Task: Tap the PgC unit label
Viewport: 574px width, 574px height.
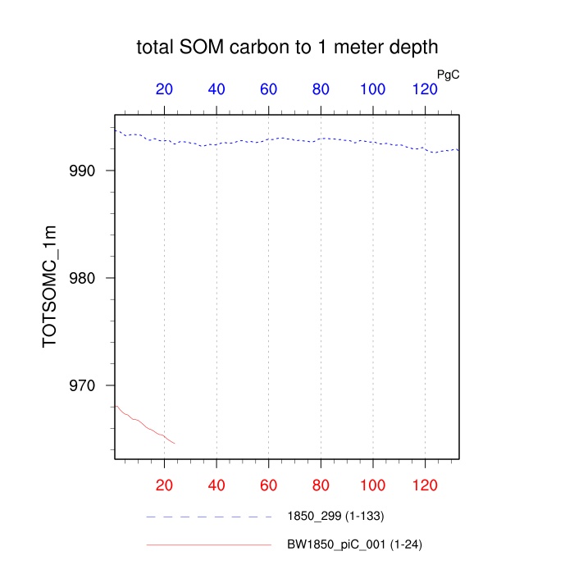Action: [x=448, y=75]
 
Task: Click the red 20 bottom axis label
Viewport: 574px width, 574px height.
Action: [x=164, y=485]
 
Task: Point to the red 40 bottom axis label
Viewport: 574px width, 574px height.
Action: [x=216, y=485]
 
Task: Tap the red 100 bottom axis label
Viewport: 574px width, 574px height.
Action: [x=373, y=485]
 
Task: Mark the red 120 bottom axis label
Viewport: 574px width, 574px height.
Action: [x=425, y=485]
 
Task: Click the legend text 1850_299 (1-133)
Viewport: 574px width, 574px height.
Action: [x=335, y=517]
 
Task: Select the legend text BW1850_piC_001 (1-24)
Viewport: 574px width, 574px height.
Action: [x=354, y=544]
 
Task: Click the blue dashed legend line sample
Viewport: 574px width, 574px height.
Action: [x=208, y=517]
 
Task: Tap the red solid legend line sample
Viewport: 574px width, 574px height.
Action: [x=208, y=544]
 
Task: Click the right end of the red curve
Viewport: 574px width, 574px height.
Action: [x=175, y=443]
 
